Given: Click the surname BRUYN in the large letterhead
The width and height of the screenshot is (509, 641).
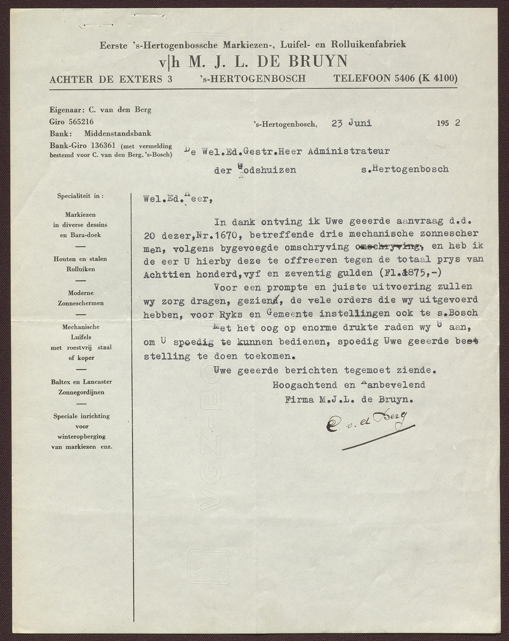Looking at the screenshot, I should [318, 62].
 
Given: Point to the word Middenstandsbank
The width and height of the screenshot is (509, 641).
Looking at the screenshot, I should [117, 133].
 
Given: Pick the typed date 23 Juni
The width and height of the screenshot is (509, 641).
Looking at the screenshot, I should [352, 123].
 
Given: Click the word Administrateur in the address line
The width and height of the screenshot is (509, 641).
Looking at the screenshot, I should [349, 151].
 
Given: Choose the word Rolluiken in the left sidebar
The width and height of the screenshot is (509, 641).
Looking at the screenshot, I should [80, 269].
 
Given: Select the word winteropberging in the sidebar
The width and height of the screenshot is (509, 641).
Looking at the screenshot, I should [81, 437].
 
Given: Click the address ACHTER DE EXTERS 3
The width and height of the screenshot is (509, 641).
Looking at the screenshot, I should [111, 79].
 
